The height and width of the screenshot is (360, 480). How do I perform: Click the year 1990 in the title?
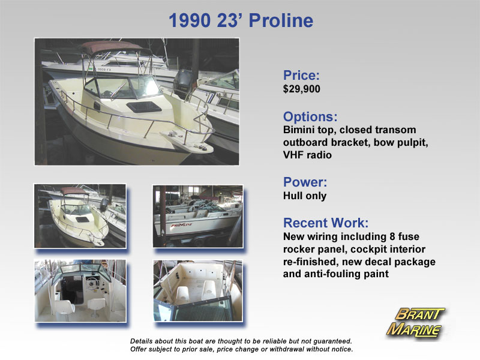[190, 20]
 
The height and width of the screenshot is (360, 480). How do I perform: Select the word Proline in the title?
[281, 20]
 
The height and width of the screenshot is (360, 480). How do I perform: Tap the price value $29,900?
[302, 89]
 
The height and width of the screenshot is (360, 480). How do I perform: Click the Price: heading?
[301, 75]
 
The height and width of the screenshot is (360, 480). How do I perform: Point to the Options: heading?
[310, 116]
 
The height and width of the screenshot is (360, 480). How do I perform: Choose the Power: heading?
[305, 182]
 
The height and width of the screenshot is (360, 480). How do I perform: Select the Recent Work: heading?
[326, 223]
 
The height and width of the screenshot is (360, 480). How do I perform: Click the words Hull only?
[305, 196]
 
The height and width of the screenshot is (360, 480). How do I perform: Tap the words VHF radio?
[307, 155]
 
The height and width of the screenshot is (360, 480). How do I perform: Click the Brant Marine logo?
[415, 322]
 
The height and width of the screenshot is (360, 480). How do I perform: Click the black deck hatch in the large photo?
[144, 107]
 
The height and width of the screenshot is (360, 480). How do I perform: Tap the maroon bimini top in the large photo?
[112, 47]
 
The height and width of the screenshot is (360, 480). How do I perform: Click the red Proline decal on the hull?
[182, 226]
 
